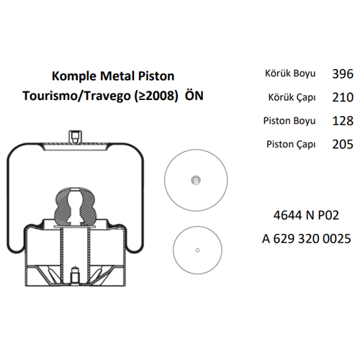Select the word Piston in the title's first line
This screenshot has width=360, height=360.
click(x=156, y=76)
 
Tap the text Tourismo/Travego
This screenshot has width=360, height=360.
click(x=76, y=96)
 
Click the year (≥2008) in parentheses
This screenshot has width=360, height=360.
click(x=156, y=96)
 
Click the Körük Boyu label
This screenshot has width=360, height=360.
click(x=290, y=73)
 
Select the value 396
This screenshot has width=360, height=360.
click(x=343, y=74)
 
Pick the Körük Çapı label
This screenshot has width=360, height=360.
click(x=292, y=97)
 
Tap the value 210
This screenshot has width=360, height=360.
click(x=343, y=97)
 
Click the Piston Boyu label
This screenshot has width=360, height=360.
click(x=289, y=121)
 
